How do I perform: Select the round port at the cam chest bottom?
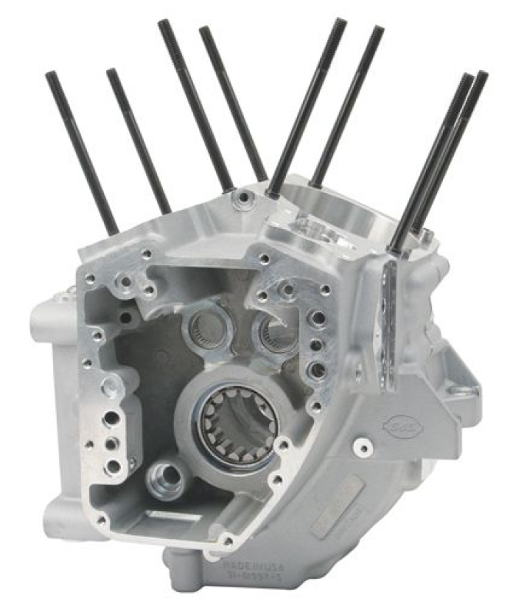pyautogui.click(x=165, y=479)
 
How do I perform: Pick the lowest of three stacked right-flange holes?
pyautogui.click(x=316, y=371)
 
